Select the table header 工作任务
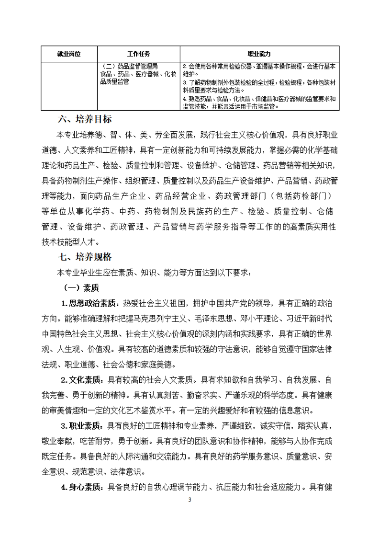pyautogui.click(x=139, y=54)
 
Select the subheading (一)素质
pyautogui.click(x=81, y=287)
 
